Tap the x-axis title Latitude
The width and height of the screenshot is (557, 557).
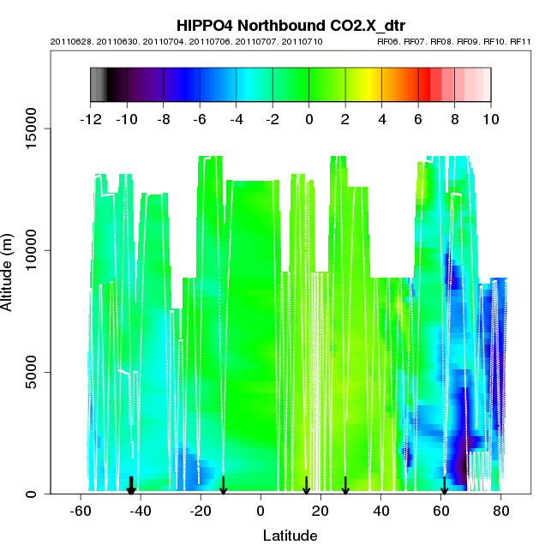[290, 536]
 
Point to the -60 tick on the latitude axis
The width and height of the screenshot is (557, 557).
[81, 512]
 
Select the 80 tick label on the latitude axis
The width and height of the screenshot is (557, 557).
[501, 512]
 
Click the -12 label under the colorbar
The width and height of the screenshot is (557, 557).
[90, 118]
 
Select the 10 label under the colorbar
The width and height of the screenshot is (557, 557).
[491, 118]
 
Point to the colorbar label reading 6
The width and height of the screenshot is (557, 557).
[418, 118]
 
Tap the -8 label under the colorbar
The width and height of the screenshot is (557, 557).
[163, 118]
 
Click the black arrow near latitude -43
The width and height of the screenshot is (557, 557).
[131, 486]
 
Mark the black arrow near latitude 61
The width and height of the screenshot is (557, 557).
[444, 486]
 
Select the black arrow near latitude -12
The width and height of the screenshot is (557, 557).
[224, 486]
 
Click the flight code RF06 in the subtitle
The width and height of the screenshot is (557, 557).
[390, 41]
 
